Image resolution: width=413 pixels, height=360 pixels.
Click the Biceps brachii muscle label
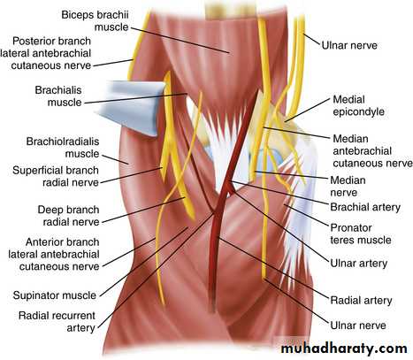point(95,20)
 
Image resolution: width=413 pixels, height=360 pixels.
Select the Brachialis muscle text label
point(58,96)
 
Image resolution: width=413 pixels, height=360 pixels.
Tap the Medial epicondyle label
point(358,105)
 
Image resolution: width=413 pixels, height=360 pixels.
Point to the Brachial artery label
point(365,207)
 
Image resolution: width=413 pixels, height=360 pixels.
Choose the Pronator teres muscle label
point(361,234)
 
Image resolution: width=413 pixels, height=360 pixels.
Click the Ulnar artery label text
point(358,264)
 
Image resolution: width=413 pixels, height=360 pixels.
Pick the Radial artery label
point(361,301)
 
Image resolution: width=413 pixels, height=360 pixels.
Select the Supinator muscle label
point(55,295)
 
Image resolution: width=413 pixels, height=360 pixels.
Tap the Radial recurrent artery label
point(57,321)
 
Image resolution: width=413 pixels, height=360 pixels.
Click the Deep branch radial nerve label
point(68,216)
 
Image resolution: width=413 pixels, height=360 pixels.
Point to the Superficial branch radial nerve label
point(56,176)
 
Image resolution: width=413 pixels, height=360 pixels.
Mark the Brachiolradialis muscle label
point(63,148)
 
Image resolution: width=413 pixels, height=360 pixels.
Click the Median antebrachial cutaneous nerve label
point(372,151)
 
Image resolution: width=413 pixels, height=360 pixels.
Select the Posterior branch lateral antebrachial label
point(46,53)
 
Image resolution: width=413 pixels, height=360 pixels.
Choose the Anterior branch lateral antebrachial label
point(54,254)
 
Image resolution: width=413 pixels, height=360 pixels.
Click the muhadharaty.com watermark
point(344,349)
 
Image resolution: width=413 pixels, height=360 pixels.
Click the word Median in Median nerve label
point(348,180)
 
